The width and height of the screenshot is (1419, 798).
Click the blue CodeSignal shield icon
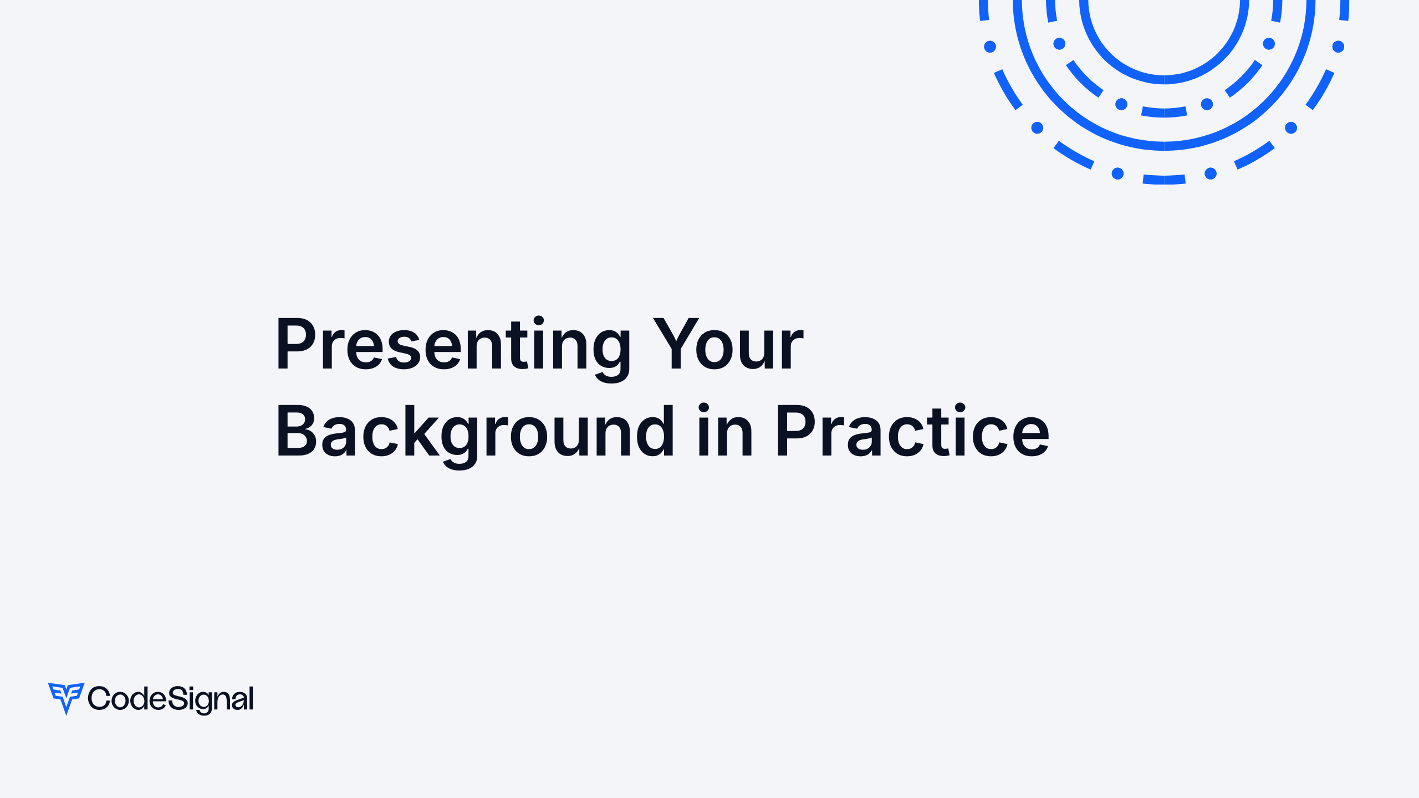coord(66,698)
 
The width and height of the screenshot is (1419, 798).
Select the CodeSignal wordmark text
coord(171,699)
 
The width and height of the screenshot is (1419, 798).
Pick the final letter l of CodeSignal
coord(251,698)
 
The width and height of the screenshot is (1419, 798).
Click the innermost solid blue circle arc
coord(1164,79)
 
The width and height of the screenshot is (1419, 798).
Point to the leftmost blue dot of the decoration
coord(990,47)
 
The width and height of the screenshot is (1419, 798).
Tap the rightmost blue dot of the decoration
coord(1338,47)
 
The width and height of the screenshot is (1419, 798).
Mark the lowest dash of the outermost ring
coord(1164,180)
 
